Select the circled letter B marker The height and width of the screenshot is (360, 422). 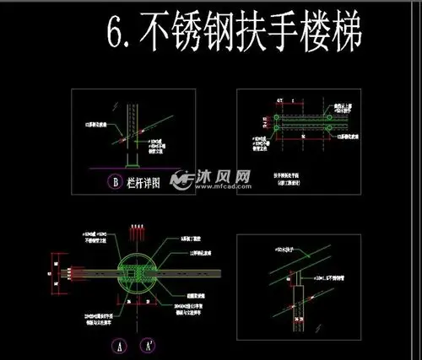coord(114,180)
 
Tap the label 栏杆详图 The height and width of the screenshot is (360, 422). coord(141,180)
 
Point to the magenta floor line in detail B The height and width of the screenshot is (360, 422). coord(127,169)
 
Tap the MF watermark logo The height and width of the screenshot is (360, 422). coord(180,180)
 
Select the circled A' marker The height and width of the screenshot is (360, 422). coord(149,345)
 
